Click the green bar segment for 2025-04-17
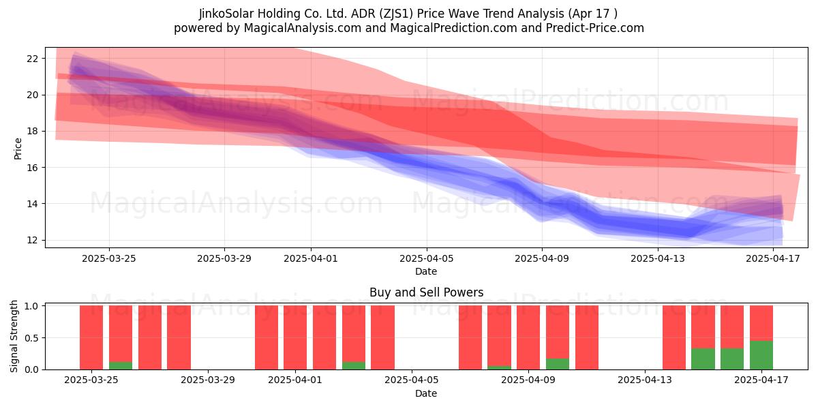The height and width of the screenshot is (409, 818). click(x=761, y=355)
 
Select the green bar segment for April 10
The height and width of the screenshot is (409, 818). click(x=558, y=364)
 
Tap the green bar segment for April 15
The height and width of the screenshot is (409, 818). click(x=703, y=359)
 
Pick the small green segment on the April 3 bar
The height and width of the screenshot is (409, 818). click(x=354, y=365)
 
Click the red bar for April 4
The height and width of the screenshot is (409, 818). click(x=382, y=337)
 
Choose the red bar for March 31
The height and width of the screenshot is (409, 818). click(x=267, y=337)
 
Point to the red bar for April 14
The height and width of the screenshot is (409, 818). click(x=673, y=337)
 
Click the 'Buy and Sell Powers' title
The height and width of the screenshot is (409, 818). click(x=426, y=292)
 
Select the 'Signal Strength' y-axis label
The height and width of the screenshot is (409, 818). click(x=14, y=336)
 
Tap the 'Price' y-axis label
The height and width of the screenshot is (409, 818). click(x=18, y=149)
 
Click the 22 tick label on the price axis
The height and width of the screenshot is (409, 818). click(x=32, y=59)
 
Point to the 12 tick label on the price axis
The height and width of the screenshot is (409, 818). click(x=32, y=240)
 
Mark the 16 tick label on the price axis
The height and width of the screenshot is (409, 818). click(x=32, y=168)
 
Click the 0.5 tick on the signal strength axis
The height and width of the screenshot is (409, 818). click(x=32, y=338)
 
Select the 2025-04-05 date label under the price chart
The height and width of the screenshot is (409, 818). click(x=426, y=258)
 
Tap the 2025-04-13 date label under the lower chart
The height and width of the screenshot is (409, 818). click(x=645, y=380)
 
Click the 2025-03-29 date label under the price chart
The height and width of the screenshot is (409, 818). click(x=224, y=258)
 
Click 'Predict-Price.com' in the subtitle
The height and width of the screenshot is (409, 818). click(x=595, y=28)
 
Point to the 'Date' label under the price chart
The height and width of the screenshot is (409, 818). click(x=426, y=271)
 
